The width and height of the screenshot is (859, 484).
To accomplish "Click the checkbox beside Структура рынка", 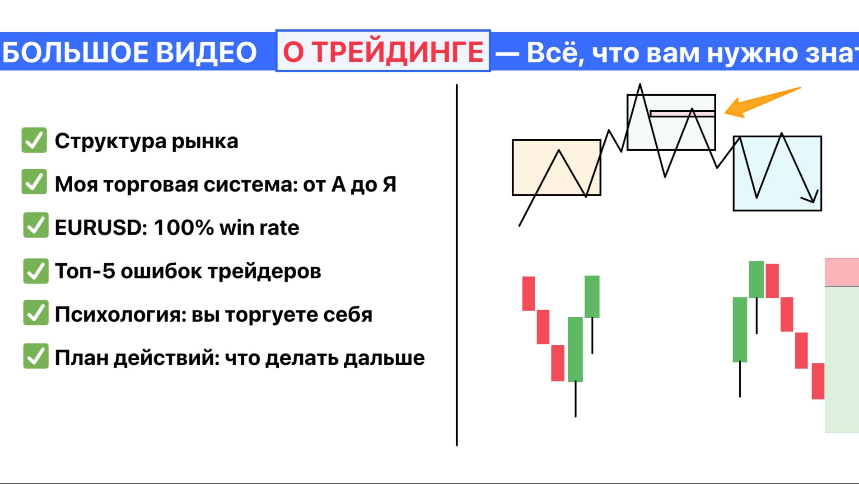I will [34, 140].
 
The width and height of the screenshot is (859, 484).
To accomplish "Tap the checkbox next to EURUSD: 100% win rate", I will [36, 225].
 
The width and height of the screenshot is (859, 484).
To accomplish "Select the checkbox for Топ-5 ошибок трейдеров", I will [36, 271].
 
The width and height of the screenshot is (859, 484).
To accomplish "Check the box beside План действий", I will [36, 356].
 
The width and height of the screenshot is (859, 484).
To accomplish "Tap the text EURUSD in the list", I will [98, 228].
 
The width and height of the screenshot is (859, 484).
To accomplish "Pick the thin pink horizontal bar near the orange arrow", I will [682, 113].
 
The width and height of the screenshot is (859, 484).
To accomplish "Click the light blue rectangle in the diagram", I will [777, 174].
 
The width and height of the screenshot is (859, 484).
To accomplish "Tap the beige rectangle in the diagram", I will [556, 168].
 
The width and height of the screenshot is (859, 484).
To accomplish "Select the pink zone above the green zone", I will [841, 272].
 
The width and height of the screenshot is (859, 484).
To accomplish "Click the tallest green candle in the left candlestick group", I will [575, 349].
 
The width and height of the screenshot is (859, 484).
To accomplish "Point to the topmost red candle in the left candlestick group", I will [528, 293].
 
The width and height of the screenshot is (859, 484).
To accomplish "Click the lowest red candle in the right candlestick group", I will [817, 381].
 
